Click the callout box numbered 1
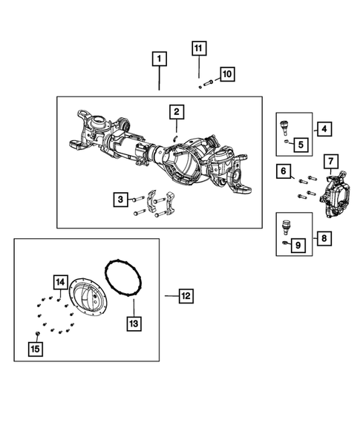click(x=160, y=57)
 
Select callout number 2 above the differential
click(x=176, y=112)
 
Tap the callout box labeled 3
click(x=120, y=199)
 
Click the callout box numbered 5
click(x=301, y=143)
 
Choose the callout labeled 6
click(x=284, y=172)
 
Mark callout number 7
click(x=331, y=161)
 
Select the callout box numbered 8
click(x=324, y=239)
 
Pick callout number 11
click(x=199, y=49)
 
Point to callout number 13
click(x=134, y=323)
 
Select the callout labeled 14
click(x=60, y=283)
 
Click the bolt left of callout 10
click(x=209, y=82)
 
